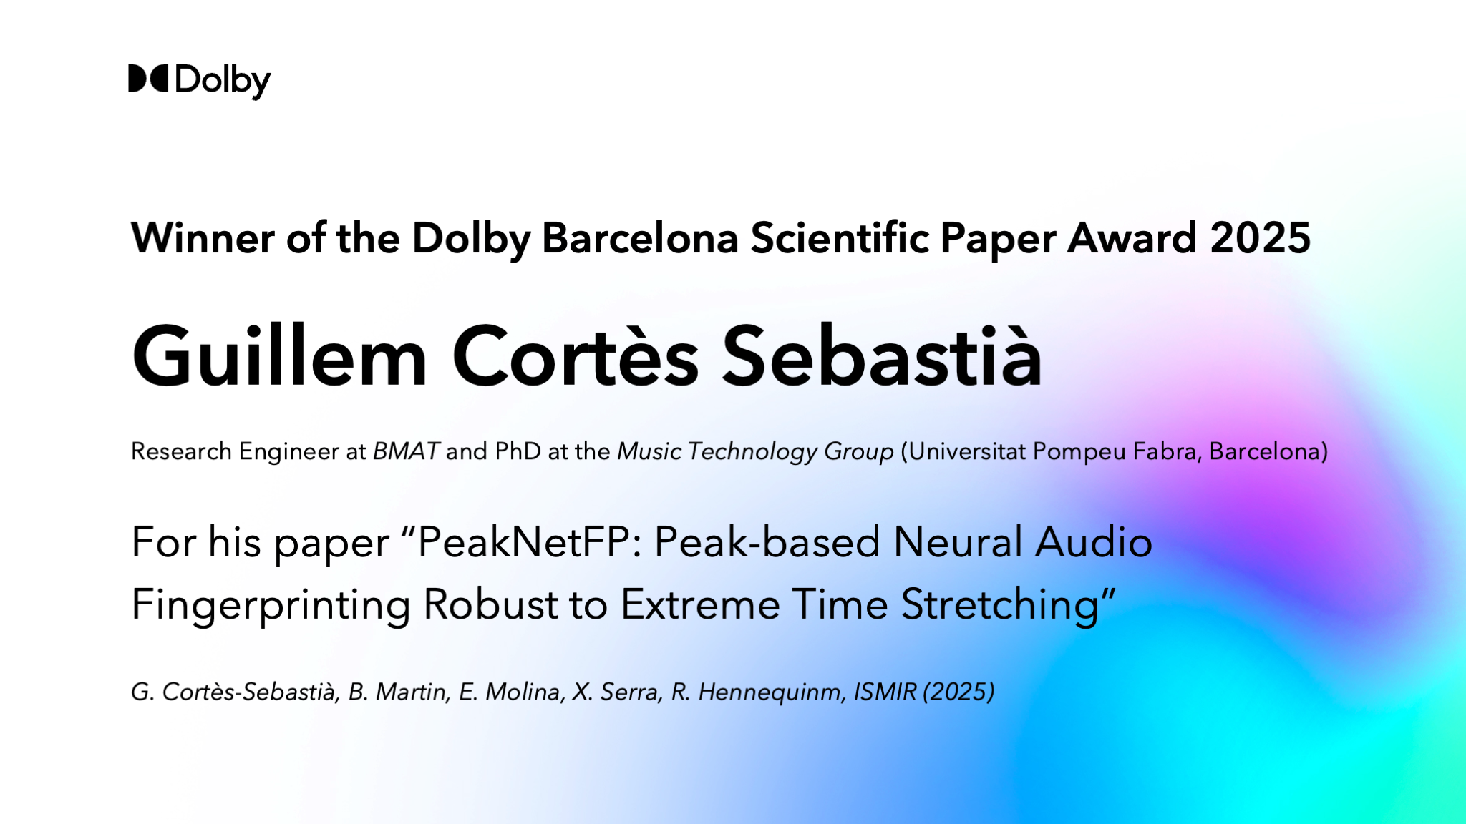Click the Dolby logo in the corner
(x=199, y=81)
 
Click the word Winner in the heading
(x=203, y=237)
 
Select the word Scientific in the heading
(x=840, y=237)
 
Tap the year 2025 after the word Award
(x=1260, y=237)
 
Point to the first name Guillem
(x=280, y=355)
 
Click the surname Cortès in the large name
(x=576, y=355)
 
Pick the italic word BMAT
(x=406, y=451)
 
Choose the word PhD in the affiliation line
(x=518, y=451)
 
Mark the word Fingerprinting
(x=271, y=606)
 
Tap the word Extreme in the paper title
(x=700, y=604)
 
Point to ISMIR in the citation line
(x=885, y=692)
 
